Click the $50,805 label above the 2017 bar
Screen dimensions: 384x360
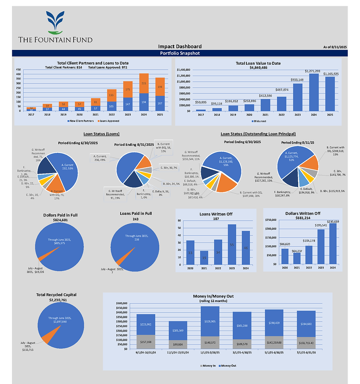pyautogui.click(x=201, y=102)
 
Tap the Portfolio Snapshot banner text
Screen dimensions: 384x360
pyautogui.click(x=180, y=53)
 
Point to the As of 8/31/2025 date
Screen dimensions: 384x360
pyautogui.click(x=335, y=47)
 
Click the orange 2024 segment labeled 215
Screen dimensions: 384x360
pyautogui.click(x=144, y=83)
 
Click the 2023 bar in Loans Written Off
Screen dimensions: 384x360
pyautogui.click(x=232, y=245)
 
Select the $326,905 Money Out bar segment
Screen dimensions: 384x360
pyautogui.click(x=210, y=322)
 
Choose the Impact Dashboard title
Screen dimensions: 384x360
pyautogui.click(x=180, y=46)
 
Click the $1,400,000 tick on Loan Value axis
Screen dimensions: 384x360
pyautogui.click(x=184, y=70)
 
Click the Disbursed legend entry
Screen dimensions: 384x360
pyautogui.click(x=259, y=121)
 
